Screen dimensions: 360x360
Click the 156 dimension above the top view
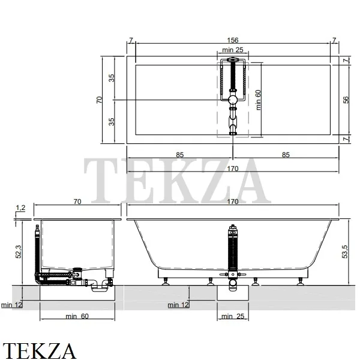point(233,40)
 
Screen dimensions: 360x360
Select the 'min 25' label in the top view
point(233,50)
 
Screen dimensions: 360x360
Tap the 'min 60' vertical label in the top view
point(258,100)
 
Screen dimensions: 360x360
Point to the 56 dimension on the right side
point(346,100)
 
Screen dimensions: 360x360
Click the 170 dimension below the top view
point(233,169)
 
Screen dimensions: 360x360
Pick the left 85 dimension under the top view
point(180,155)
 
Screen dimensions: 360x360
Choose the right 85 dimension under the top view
point(286,155)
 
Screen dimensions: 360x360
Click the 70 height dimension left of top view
point(99,100)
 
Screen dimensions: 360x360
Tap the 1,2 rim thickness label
point(20,208)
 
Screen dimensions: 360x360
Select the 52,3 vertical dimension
point(19,251)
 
